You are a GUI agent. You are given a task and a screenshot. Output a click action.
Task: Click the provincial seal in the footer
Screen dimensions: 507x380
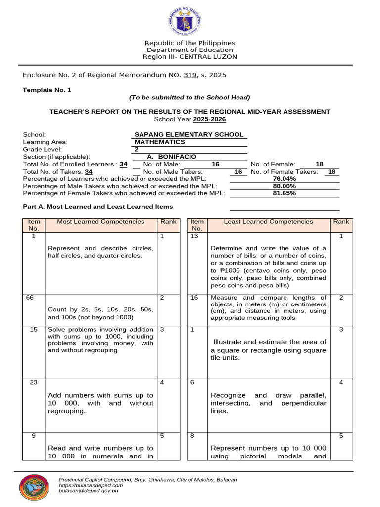[34, 487]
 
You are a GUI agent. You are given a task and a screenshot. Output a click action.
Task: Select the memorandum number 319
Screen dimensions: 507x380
[190, 75]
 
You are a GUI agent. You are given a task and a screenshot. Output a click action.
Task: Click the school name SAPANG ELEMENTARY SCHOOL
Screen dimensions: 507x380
[189, 134]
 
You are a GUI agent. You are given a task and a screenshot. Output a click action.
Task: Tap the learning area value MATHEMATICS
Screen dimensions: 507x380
[160, 142]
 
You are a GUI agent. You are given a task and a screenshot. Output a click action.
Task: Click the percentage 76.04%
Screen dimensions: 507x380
[285, 179]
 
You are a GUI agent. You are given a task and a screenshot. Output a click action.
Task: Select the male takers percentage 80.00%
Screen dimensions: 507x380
[285, 186]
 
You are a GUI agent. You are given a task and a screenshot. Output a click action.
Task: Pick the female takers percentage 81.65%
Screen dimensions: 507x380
[285, 193]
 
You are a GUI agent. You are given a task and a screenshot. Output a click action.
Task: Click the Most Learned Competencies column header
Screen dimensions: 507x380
[101, 222]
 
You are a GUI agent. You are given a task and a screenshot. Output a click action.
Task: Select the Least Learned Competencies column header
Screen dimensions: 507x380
[268, 222]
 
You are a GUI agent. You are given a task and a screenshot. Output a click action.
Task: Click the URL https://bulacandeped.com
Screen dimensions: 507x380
[91, 485]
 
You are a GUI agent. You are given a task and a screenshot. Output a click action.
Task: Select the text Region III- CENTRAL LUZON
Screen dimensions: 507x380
[190, 57]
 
